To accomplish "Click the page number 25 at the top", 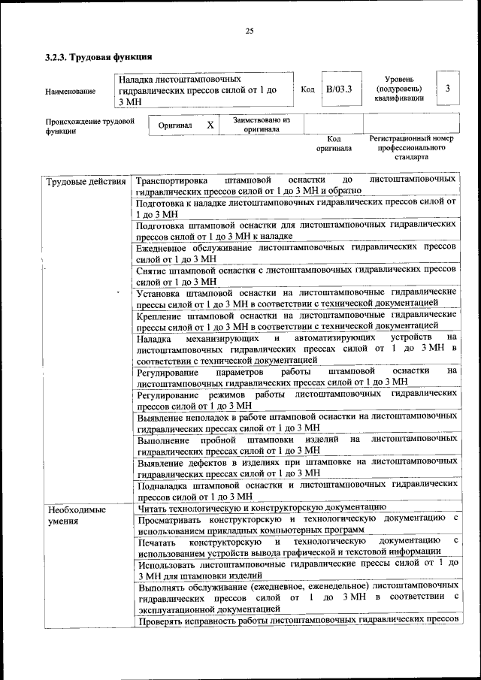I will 250,31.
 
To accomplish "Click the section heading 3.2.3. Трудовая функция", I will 99,57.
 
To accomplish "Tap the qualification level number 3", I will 447,89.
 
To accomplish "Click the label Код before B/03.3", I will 307,89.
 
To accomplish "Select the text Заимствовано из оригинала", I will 261,124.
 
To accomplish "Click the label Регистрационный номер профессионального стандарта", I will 411,148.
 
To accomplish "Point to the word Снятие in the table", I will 153,269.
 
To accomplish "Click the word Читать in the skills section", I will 154,508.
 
